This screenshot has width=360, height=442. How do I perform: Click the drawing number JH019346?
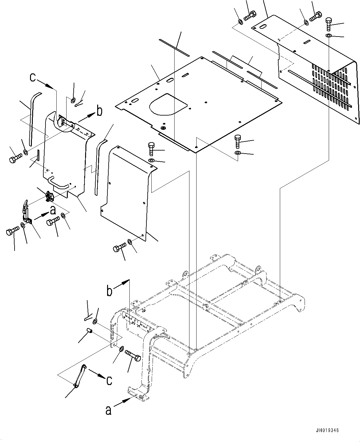[327, 430]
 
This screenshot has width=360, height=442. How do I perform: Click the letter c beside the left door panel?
[33, 77]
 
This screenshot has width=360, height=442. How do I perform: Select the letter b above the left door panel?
[100, 112]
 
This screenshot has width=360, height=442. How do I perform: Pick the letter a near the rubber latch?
[53, 210]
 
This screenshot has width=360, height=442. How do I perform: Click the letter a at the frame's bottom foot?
[108, 410]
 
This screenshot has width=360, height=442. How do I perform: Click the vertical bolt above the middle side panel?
[151, 149]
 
